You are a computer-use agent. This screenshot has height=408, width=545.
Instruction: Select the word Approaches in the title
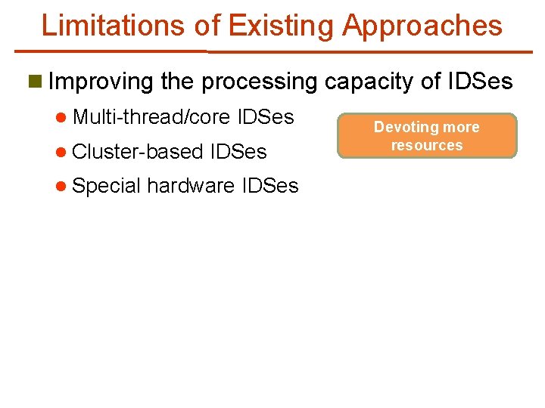(x=422, y=26)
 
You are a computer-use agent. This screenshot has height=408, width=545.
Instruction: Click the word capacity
(x=382, y=82)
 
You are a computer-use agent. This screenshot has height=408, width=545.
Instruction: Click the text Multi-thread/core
(x=152, y=117)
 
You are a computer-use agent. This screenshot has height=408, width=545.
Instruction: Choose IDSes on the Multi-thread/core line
(x=266, y=117)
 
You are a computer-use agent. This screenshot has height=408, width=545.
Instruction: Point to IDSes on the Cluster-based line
(x=239, y=151)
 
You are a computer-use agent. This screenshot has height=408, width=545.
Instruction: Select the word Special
(x=107, y=186)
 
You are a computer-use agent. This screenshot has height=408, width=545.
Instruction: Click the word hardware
(x=190, y=185)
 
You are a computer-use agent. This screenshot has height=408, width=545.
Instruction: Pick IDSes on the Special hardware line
(x=270, y=185)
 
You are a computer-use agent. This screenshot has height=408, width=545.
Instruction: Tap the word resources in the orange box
(x=427, y=145)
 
